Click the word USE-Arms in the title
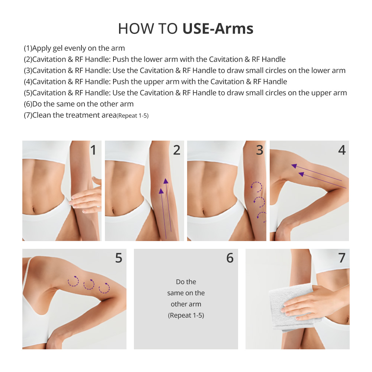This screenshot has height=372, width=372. [x=218, y=29]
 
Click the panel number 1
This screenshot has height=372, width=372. [x=93, y=150]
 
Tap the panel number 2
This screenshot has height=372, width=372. [x=176, y=150]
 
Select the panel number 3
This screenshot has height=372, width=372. [x=259, y=150]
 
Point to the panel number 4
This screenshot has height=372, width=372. [x=341, y=150]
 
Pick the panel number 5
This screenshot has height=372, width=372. [x=118, y=258]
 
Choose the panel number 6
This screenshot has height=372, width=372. [x=230, y=258]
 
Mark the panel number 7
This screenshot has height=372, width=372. [x=341, y=258]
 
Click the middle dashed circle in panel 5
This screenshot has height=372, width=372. [x=89, y=285]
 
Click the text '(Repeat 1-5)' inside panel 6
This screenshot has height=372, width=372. [x=186, y=315]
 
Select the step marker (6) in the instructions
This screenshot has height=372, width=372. [x=28, y=104]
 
